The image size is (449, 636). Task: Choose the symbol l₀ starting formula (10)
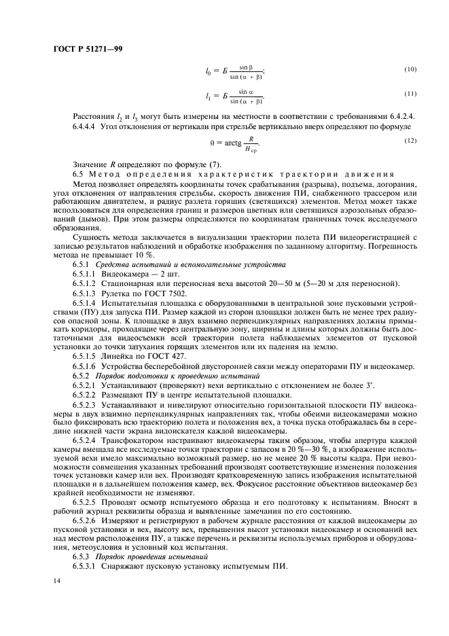pyautogui.click(x=209, y=71)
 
